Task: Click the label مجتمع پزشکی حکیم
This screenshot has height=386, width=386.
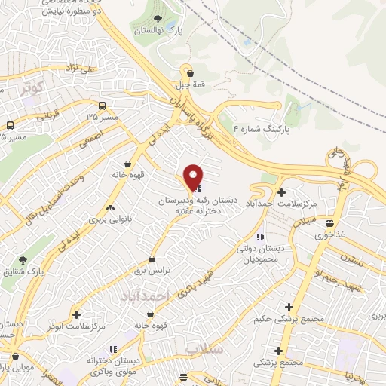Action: pos(281,317)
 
